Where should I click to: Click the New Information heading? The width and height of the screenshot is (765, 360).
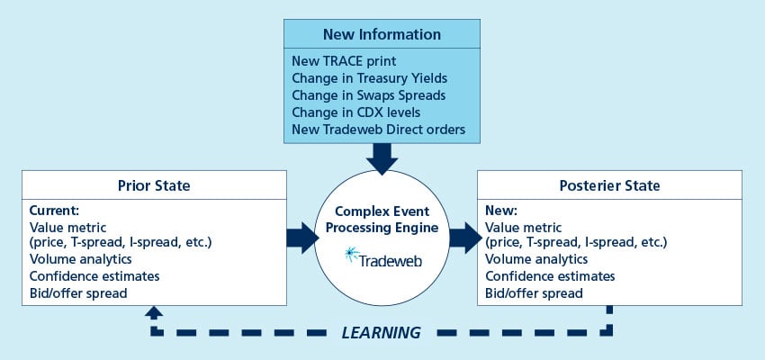tap(382, 34)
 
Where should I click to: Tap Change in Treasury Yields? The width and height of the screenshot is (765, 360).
tap(369, 78)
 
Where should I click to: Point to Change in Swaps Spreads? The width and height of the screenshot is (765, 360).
tap(368, 95)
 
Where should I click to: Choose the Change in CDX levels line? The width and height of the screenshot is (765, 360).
tap(356, 112)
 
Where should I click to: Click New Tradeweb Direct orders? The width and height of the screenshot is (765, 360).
tap(379, 130)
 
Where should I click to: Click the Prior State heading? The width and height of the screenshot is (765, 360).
tap(154, 185)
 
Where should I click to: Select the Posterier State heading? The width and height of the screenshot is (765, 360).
tap(609, 185)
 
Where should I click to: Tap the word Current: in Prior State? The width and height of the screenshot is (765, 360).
tap(54, 211)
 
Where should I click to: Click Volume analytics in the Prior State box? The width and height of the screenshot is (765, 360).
tap(80, 259)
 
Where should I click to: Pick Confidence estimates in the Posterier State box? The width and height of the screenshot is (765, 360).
tap(550, 276)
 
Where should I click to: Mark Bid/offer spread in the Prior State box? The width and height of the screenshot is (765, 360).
tap(78, 293)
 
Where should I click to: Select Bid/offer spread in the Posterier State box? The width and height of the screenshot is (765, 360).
tap(534, 293)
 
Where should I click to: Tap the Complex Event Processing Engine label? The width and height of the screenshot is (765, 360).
tap(382, 220)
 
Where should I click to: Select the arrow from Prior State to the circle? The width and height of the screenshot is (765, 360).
tap(302, 238)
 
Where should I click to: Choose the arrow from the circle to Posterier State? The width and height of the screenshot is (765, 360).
tap(465, 238)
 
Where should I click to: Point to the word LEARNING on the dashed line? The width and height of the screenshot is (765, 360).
tap(381, 333)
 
